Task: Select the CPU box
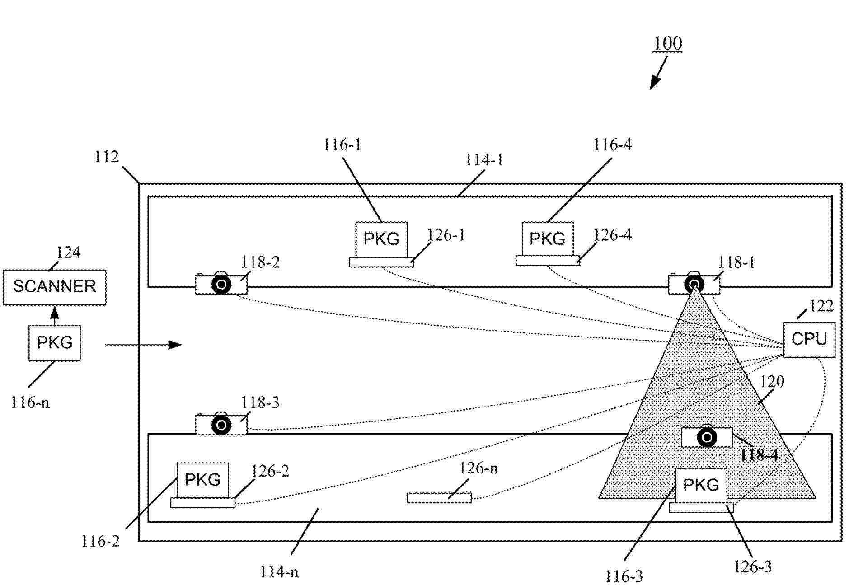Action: coord(809,339)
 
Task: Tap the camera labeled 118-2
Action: coord(221,285)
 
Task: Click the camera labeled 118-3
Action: coord(221,425)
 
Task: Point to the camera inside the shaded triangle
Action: coord(707,437)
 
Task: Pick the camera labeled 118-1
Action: coord(694,284)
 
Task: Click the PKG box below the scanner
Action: coord(55,343)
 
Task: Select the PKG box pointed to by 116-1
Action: coord(381,239)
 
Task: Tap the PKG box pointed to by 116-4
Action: coord(548,239)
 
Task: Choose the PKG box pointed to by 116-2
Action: coord(202,480)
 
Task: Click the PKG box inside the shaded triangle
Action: coord(701,485)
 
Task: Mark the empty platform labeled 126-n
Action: coord(439,498)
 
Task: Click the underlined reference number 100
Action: coord(668,44)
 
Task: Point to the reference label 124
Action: coord(68,253)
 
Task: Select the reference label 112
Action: coord(107,157)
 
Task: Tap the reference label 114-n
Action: coord(279,572)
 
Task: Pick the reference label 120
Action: coord(772,382)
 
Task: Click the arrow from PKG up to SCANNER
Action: coord(55,315)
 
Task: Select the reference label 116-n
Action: coord(30,402)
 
